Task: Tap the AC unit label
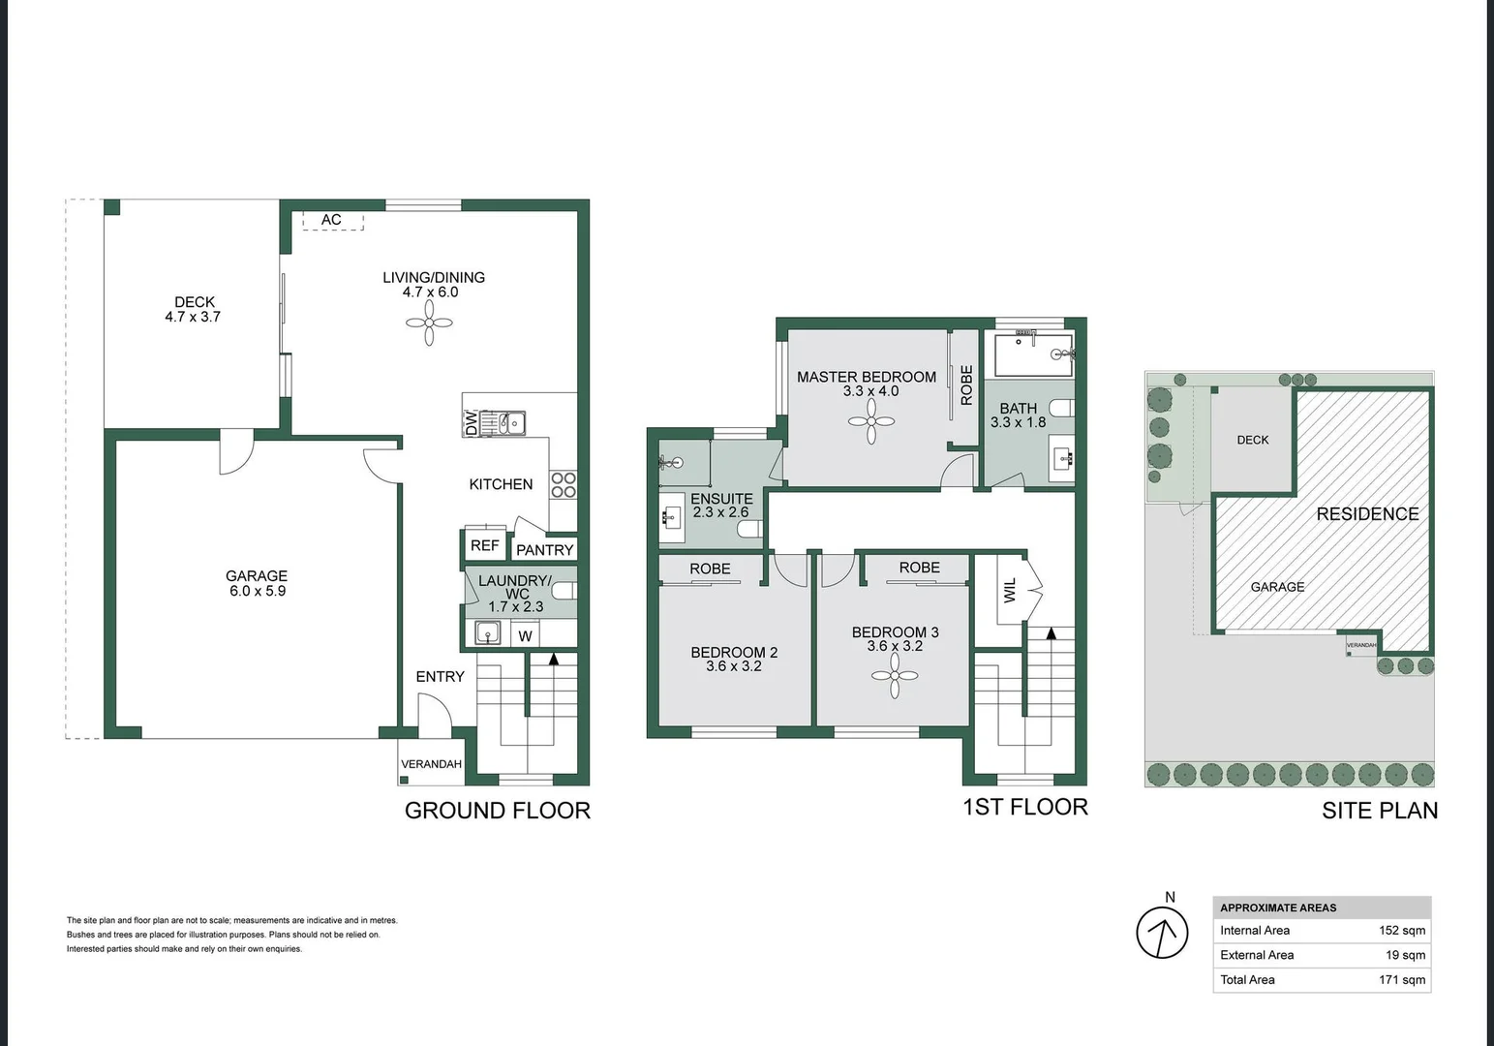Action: point(331,220)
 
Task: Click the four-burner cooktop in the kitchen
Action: point(563,485)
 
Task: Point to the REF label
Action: point(484,545)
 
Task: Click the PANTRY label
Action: point(544,550)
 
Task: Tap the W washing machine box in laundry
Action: point(525,635)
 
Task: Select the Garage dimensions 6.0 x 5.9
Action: point(257,591)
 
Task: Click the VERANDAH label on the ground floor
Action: point(431,764)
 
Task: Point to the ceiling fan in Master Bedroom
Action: point(871,421)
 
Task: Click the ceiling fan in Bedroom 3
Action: point(895,675)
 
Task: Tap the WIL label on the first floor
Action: point(1010,590)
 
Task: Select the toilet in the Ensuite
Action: point(748,529)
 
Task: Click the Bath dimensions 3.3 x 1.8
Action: point(1018,423)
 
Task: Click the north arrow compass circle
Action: point(1162,933)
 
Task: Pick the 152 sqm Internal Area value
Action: point(1401,931)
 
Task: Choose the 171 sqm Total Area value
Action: point(1401,980)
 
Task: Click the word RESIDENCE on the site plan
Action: point(1366,514)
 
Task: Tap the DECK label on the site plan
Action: point(1252,440)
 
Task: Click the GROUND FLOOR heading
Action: point(497,811)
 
